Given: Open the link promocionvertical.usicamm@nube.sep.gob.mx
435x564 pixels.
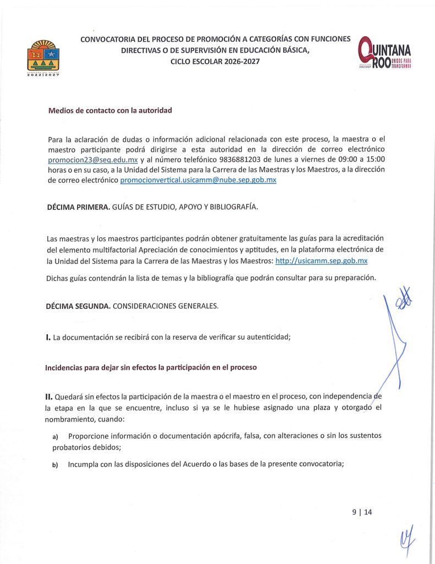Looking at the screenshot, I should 198,180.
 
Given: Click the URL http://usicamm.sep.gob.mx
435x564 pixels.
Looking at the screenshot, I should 321,261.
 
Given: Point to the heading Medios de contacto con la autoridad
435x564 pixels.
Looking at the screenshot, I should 110,110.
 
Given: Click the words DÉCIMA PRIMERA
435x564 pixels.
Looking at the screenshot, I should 78,207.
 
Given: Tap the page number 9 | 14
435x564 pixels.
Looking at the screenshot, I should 362,512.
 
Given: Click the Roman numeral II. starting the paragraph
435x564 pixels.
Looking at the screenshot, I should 49,395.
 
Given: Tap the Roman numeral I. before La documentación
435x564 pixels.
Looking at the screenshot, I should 48,337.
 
